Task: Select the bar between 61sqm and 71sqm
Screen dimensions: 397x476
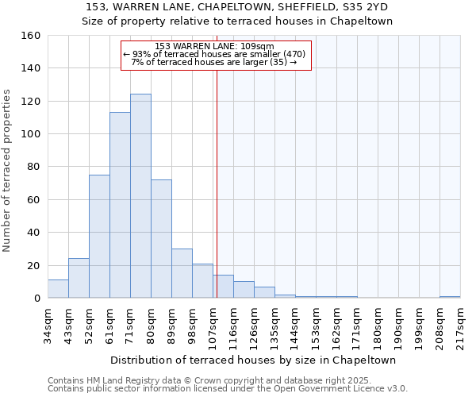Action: point(120,205)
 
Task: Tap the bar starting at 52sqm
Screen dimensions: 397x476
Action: point(99,237)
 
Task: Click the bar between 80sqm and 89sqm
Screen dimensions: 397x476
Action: point(161,239)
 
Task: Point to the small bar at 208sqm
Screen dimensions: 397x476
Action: point(450,297)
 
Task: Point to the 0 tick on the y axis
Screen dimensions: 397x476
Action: point(36,299)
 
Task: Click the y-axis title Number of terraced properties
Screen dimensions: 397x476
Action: point(8,171)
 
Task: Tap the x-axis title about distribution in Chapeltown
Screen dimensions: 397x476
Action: point(254,360)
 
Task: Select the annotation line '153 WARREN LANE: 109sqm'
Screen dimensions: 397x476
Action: point(215,47)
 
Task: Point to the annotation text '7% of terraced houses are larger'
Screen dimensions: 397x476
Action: point(214,62)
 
